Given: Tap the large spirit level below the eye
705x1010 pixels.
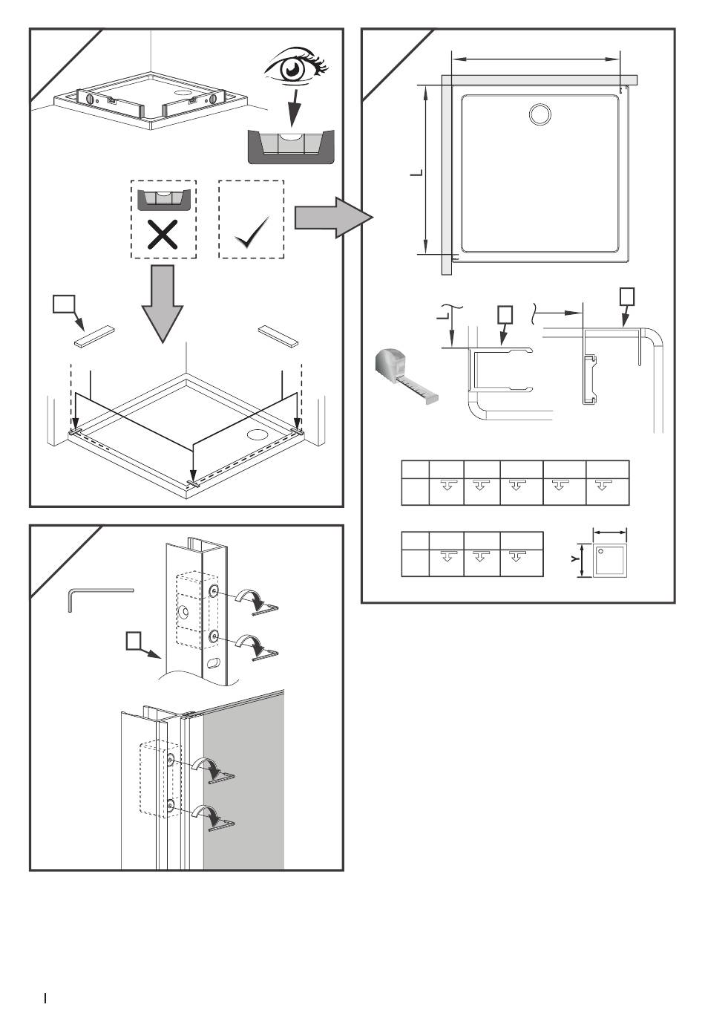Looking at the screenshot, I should pyautogui.click(x=290, y=146).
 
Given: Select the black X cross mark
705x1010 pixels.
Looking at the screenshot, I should pyautogui.click(x=162, y=235).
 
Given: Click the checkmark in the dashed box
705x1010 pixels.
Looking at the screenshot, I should pyautogui.click(x=251, y=235).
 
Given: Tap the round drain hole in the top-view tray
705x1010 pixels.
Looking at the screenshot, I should pyautogui.click(x=540, y=114).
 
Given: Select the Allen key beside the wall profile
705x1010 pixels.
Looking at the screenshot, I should pyautogui.click(x=96, y=597).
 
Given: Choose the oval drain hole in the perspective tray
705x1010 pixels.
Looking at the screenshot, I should pyautogui.click(x=258, y=433).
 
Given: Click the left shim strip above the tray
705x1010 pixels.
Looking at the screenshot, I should pyautogui.click(x=95, y=336).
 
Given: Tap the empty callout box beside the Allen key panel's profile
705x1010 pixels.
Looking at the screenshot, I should pyautogui.click(x=134, y=640).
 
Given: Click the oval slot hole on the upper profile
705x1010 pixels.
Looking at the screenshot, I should pyautogui.click(x=213, y=662).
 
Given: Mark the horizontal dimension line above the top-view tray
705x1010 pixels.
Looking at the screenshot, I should pyautogui.click(x=535, y=59).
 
